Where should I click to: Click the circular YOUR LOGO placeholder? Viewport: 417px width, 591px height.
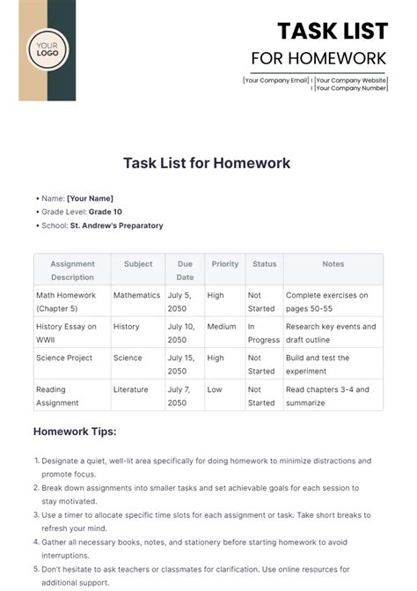coord(47,50)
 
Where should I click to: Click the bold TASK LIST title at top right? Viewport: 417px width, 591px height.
coord(333,31)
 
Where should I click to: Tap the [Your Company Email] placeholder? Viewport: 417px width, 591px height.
coord(276,80)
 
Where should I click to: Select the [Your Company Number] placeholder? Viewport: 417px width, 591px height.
coord(351,88)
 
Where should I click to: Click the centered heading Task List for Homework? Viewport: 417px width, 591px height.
coord(208,163)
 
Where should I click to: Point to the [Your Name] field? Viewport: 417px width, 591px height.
coord(90,198)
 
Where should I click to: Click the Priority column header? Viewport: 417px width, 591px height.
coord(225,263)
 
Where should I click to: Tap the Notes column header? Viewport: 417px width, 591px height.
coord(333,263)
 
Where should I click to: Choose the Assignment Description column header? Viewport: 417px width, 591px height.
coord(72,270)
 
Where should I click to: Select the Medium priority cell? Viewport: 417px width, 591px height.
coord(222,327)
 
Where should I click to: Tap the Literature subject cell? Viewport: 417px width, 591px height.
coord(131,389)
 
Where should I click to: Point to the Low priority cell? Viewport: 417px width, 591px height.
coord(215,389)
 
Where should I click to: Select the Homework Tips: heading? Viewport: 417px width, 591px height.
coord(75,432)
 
